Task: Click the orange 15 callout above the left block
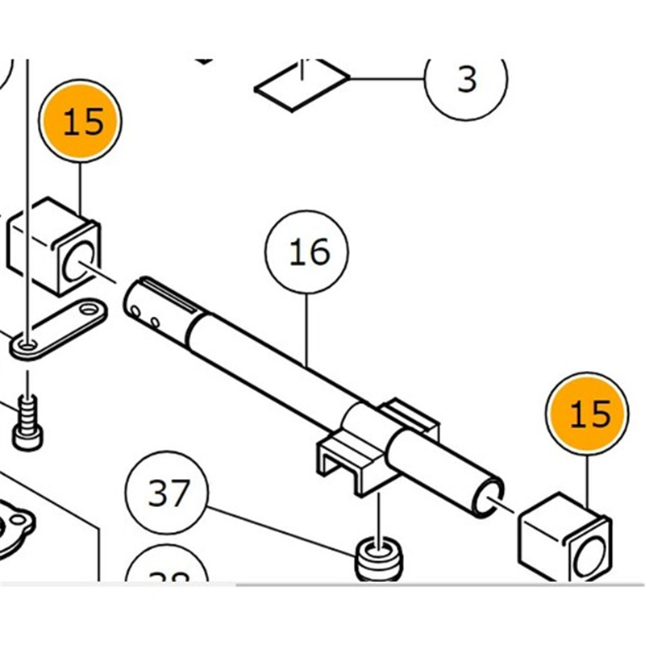coord(82,123)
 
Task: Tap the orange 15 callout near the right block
coord(589,414)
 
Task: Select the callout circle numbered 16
coord(309,253)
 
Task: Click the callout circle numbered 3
coord(466,79)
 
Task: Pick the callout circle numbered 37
coord(168,493)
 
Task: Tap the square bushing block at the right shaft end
coord(563,539)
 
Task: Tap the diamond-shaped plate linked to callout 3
coord(302,83)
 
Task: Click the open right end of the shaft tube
coord(491,490)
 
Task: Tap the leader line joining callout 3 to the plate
coord(387,79)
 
